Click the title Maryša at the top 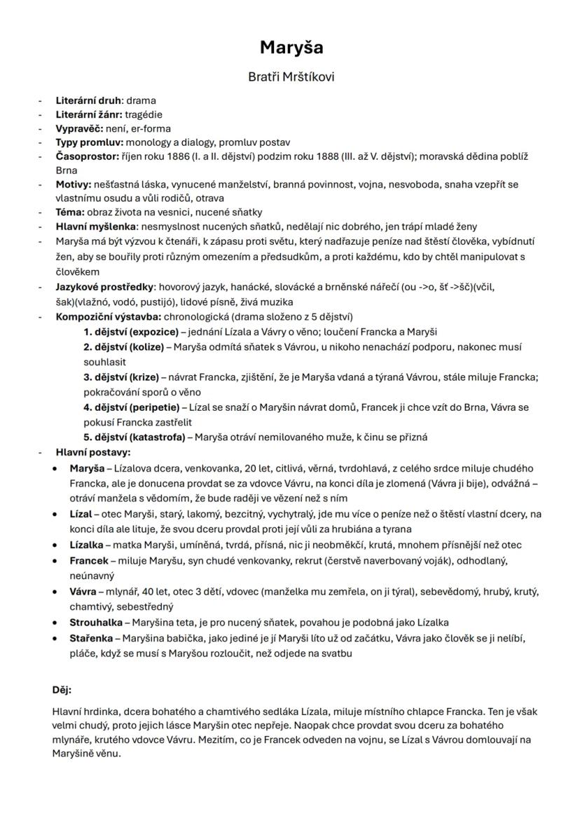(x=291, y=48)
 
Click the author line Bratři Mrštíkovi (x=291, y=76)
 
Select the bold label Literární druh (x=88, y=100)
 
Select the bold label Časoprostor (x=87, y=156)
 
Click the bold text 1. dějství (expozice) (x=130, y=332)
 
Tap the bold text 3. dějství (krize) (x=120, y=377)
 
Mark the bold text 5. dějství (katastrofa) (x=134, y=437)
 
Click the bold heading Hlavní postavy (x=93, y=452)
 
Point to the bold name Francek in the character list (x=89, y=561)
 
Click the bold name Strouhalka (x=95, y=622)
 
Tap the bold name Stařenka (x=92, y=638)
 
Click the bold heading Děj (x=62, y=689)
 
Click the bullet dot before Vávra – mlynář (x=55, y=592)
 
